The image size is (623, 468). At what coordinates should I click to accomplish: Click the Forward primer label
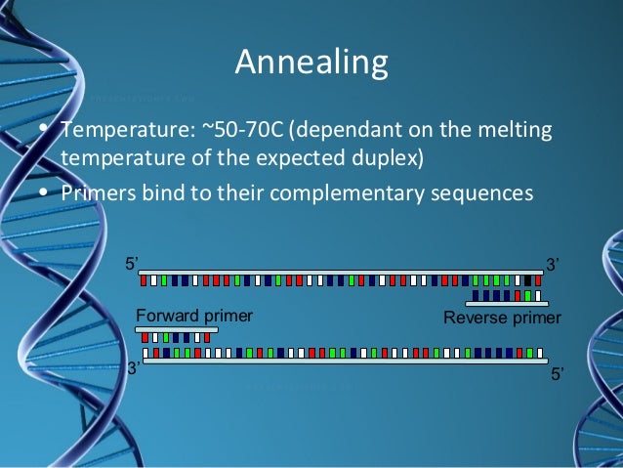pyautogui.click(x=193, y=316)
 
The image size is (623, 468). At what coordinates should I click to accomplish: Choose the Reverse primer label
pyautogui.click(x=502, y=318)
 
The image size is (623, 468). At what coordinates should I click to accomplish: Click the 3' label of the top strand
pyautogui.click(x=552, y=264)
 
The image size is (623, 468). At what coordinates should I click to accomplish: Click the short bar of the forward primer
pyautogui.click(x=176, y=330)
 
